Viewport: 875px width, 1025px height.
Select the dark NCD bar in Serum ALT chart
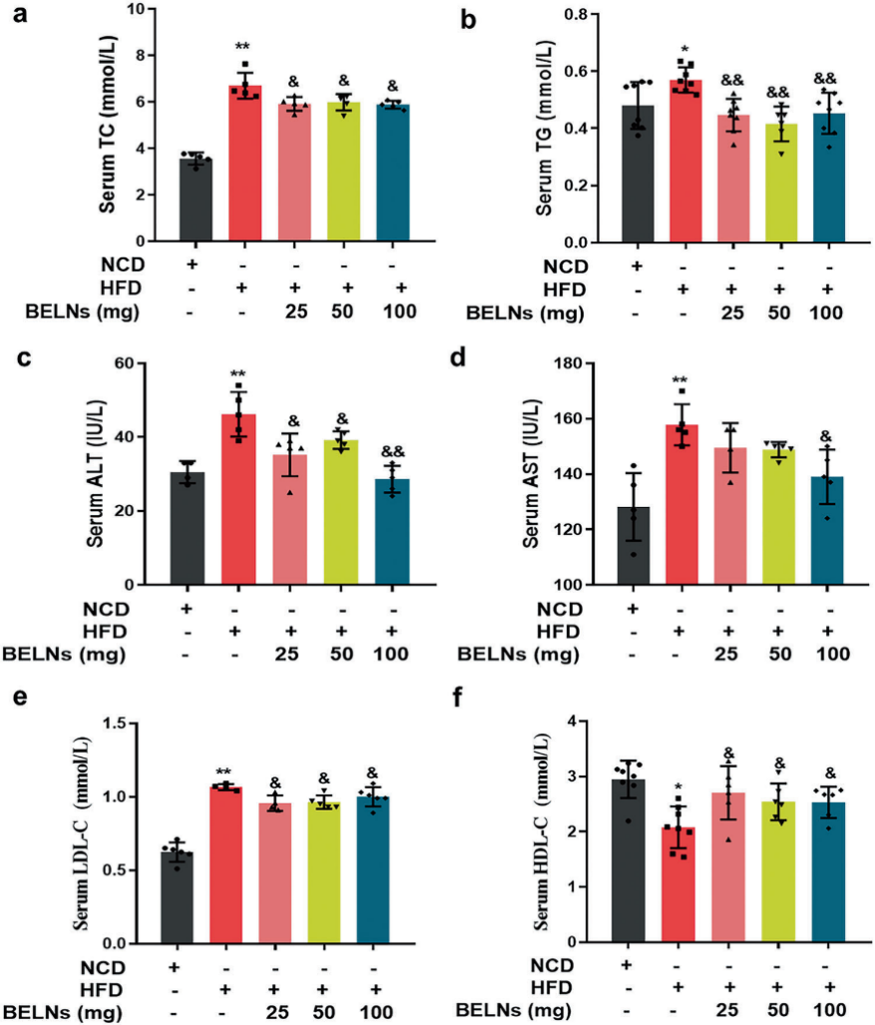(187, 529)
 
